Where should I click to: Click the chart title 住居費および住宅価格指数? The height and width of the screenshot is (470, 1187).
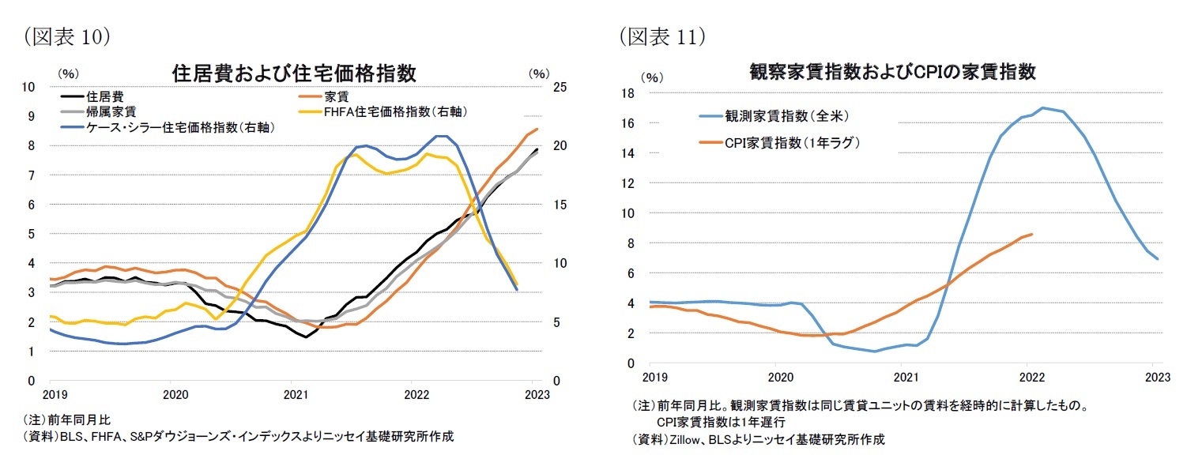click(x=294, y=73)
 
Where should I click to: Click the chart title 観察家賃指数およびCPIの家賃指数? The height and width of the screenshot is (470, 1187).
click(x=893, y=72)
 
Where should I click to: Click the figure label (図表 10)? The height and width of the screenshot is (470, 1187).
click(x=66, y=36)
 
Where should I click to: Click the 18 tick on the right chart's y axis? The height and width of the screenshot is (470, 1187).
click(x=629, y=93)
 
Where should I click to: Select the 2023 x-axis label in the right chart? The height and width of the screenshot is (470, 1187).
click(x=1153, y=377)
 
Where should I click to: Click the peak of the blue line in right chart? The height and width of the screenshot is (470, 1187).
click(x=1044, y=107)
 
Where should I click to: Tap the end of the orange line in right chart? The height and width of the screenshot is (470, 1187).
click(x=1032, y=234)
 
